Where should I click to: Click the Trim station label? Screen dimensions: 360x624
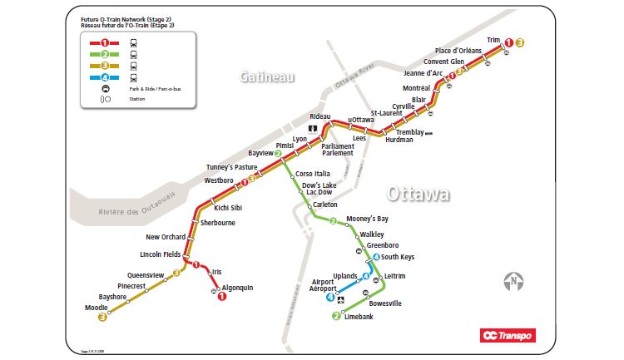(494, 39)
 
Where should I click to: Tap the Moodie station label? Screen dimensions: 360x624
(96, 308)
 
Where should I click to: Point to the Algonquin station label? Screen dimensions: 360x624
(237, 288)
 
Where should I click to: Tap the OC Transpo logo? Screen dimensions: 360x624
(508, 336)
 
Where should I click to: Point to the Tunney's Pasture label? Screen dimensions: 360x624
(232, 167)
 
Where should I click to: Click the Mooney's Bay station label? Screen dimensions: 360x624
(367, 219)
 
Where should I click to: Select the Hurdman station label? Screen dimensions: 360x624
(399, 140)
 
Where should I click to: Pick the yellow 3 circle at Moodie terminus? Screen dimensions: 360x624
(102, 317)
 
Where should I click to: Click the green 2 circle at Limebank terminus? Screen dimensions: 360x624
(336, 316)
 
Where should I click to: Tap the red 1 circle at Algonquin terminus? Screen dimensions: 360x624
(222, 297)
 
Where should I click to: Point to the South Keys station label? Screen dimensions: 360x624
(399, 257)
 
